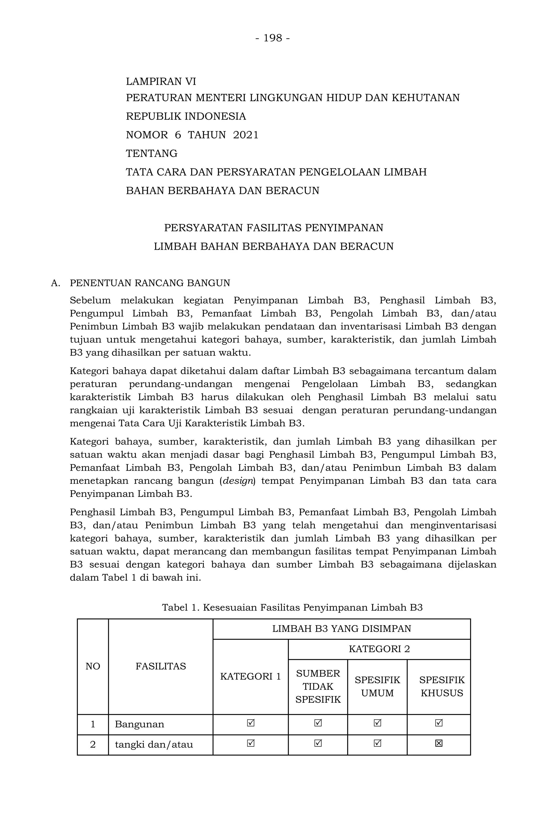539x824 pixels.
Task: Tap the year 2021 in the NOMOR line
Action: coord(246,135)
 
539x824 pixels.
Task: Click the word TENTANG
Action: coord(152,153)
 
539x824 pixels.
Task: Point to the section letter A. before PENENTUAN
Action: coord(55,283)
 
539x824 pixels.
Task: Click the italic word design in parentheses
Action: coord(238,481)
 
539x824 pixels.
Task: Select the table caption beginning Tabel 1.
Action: coord(292,607)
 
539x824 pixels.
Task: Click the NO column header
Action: coord(93,666)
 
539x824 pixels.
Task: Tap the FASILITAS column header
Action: coord(161,666)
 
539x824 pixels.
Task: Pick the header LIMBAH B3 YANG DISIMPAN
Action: coord(341,629)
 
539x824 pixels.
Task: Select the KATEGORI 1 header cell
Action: coord(250,676)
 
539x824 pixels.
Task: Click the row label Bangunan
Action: coord(139,724)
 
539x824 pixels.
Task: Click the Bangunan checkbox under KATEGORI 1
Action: coord(251,723)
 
